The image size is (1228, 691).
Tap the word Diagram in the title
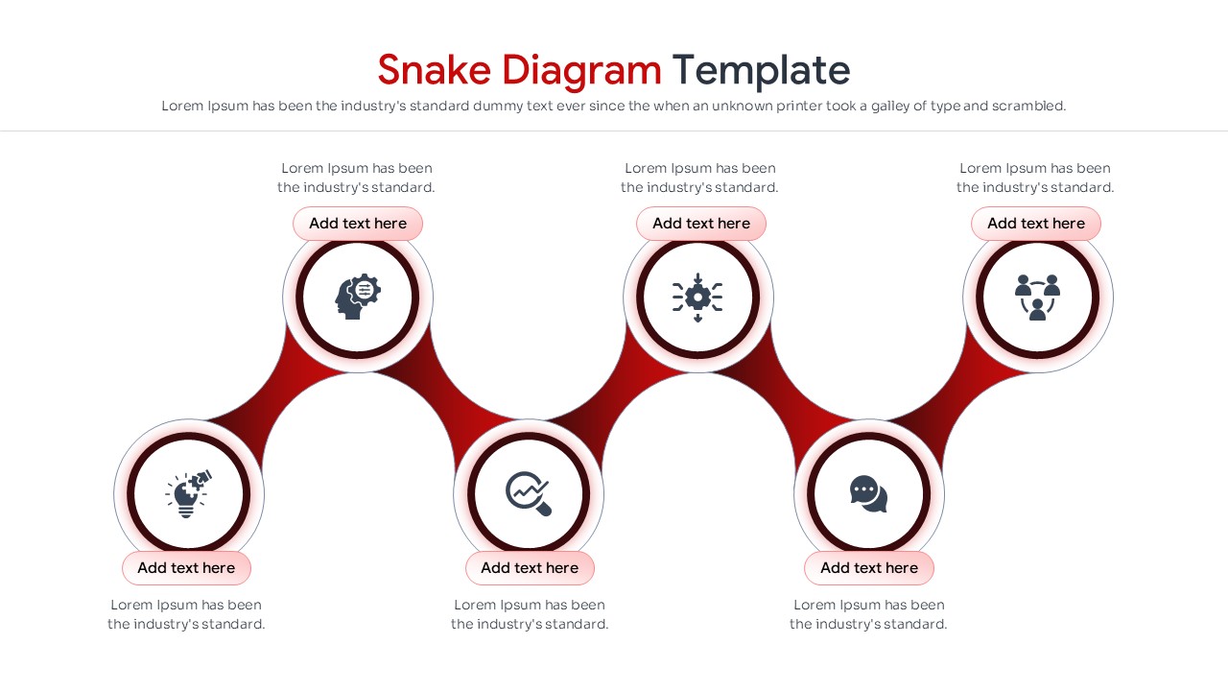(x=581, y=70)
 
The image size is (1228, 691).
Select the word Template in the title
(x=761, y=70)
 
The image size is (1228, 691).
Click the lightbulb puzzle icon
(x=188, y=494)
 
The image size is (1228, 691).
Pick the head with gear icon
(x=358, y=298)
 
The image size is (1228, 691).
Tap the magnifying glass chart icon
(x=529, y=494)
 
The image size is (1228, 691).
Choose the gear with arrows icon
(x=697, y=298)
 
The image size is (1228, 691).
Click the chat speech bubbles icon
(x=868, y=494)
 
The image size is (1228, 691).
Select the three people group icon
(x=1037, y=298)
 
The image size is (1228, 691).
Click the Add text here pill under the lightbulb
(x=186, y=568)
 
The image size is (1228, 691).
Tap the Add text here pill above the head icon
(x=358, y=224)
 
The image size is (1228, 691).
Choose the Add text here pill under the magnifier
(x=530, y=568)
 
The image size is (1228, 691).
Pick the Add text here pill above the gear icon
(x=701, y=224)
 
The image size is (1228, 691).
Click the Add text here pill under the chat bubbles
(x=869, y=568)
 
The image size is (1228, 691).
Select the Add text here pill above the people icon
(x=1036, y=224)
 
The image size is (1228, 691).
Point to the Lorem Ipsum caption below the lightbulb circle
(x=186, y=614)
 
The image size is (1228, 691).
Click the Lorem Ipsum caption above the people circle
(x=1035, y=178)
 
